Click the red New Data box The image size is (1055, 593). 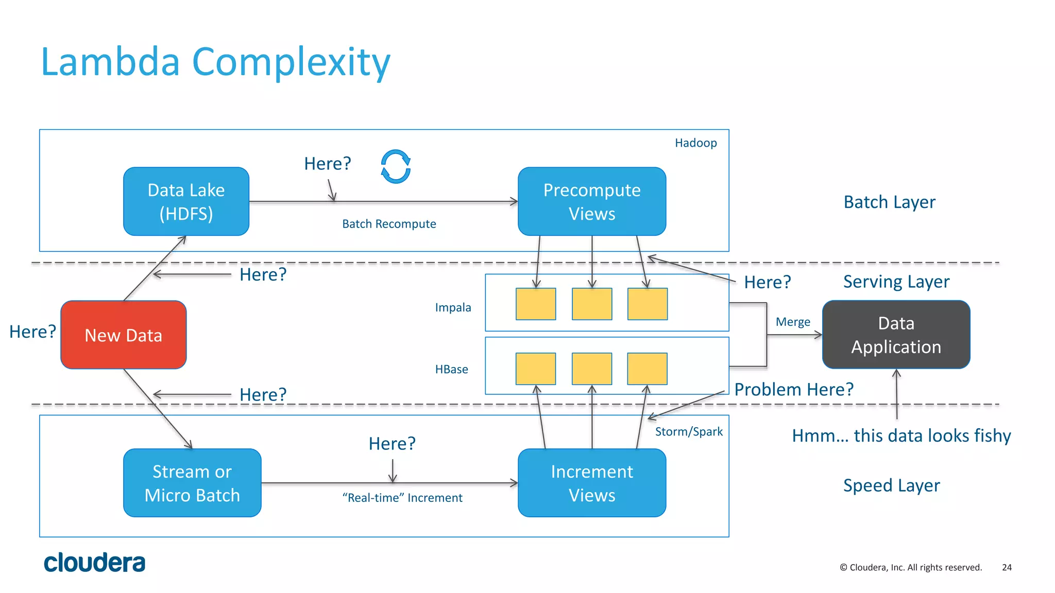click(x=123, y=335)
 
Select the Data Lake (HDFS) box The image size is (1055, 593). click(x=186, y=201)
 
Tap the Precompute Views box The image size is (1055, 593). click(x=591, y=201)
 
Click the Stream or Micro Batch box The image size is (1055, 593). click(x=192, y=483)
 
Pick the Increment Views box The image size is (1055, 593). click(x=591, y=483)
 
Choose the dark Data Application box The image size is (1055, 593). click(x=896, y=335)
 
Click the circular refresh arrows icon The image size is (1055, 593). click(x=396, y=167)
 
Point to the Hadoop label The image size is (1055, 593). click(x=695, y=143)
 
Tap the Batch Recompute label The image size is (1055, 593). click(x=389, y=224)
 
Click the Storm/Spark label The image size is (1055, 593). click(x=688, y=431)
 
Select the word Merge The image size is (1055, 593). click(x=793, y=322)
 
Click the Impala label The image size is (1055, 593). click(x=453, y=307)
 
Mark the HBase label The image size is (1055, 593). click(x=451, y=369)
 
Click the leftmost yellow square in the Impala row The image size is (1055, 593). click(x=536, y=304)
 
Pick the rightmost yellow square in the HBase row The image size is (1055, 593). click(x=647, y=369)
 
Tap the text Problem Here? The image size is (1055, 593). click(x=793, y=389)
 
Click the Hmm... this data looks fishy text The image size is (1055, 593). click(x=901, y=435)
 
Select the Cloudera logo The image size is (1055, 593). click(x=95, y=563)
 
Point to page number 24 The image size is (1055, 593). click(x=1007, y=567)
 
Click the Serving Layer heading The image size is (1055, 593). click(x=896, y=282)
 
